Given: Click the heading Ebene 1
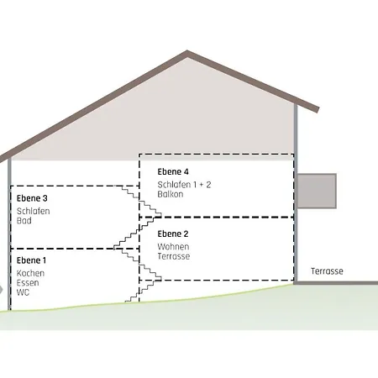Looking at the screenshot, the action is pyautogui.click(x=31, y=260).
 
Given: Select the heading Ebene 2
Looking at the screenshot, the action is pyautogui.click(x=173, y=234).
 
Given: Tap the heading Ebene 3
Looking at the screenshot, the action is pyautogui.click(x=32, y=198).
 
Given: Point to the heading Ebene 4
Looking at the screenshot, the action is pyautogui.click(x=173, y=171).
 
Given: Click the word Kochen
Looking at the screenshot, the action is pyautogui.click(x=30, y=273).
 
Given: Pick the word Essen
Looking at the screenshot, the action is pyautogui.click(x=28, y=283).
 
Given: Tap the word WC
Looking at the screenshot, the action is pyautogui.click(x=23, y=292).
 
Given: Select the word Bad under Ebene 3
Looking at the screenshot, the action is pyautogui.click(x=24, y=221).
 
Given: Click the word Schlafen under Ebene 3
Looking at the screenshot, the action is pyautogui.click(x=34, y=211).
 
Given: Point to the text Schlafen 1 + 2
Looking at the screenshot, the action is pyautogui.click(x=184, y=185).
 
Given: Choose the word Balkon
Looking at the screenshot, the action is pyautogui.click(x=171, y=194).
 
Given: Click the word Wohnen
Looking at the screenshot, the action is pyautogui.click(x=173, y=247).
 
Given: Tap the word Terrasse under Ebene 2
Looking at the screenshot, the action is pyautogui.click(x=174, y=256).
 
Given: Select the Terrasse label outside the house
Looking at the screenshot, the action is pyautogui.click(x=327, y=271).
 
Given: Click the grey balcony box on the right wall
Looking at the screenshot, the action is pyautogui.click(x=317, y=191).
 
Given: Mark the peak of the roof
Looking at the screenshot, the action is pyautogui.click(x=187, y=51).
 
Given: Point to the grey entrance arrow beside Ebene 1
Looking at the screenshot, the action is pyautogui.click(x=1, y=290).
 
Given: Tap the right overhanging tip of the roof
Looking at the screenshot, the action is pyautogui.click(x=318, y=109).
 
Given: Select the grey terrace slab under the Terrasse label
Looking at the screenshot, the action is pyautogui.click(x=336, y=283).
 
